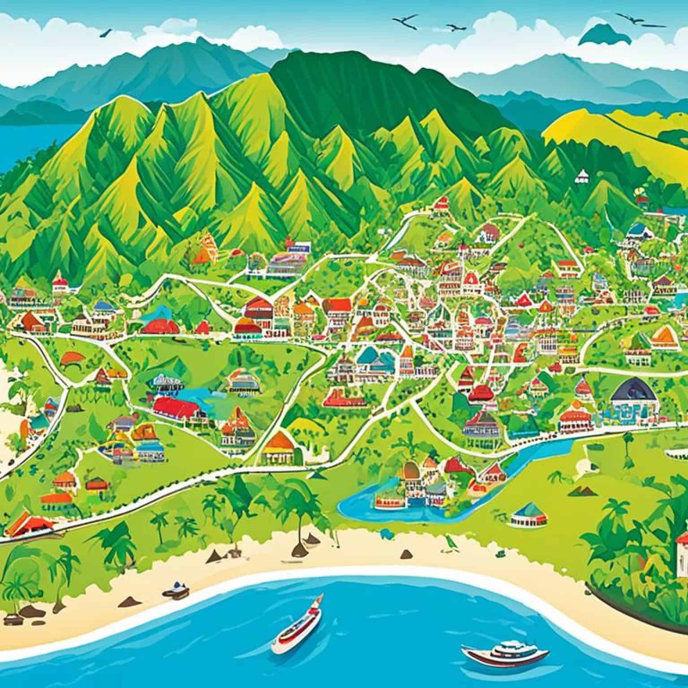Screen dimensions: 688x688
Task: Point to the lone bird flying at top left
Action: click(x=106, y=32)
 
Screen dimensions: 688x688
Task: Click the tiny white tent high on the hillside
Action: click(x=581, y=176)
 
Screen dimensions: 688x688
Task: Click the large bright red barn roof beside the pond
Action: click(x=176, y=407)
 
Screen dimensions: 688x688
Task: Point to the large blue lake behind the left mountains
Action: click(x=27, y=143)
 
